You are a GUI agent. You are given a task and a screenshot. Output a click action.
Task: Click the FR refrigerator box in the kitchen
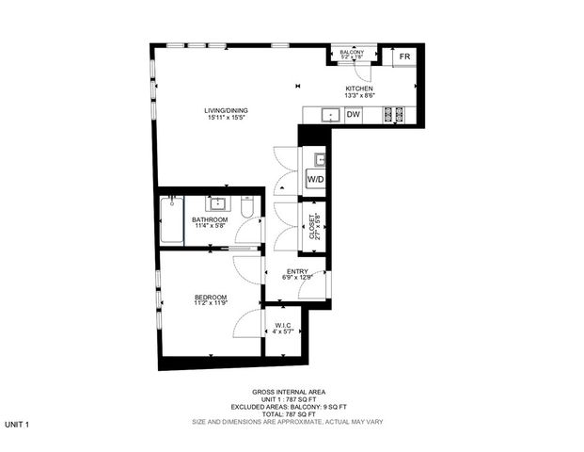pos(404,57)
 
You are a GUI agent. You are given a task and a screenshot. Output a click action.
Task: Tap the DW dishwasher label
pos(354,115)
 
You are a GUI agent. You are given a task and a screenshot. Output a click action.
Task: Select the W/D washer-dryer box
pos(316,179)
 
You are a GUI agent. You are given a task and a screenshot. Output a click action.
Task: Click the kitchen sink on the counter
pos(330,115)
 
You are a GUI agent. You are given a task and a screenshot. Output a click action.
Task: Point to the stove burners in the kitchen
pos(395,115)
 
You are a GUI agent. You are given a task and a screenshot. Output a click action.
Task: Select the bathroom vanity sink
pos(215,202)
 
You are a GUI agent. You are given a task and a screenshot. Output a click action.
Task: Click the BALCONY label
pos(352,52)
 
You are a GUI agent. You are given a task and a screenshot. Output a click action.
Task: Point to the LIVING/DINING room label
pos(227,111)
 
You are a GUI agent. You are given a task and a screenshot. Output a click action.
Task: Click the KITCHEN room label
pos(359,89)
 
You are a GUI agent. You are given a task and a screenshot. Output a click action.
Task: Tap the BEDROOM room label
pos(211,298)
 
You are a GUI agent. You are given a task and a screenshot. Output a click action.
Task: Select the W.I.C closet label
pos(283,326)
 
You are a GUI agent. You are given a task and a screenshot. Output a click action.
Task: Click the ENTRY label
pos(297,271)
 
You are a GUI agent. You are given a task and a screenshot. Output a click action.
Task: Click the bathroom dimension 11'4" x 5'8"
pos(211,226)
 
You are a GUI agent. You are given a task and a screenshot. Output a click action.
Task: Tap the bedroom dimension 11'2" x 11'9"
pos(211,304)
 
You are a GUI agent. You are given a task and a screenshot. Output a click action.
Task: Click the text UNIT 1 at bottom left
pos(17,426)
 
